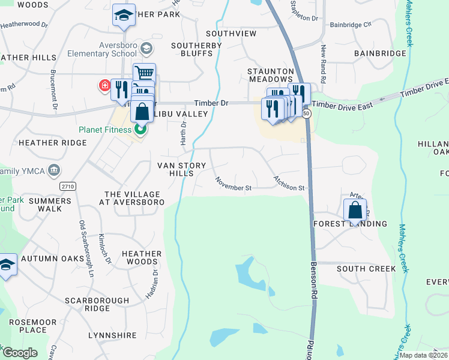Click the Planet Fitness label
click(104, 130)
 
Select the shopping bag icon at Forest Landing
click(355, 211)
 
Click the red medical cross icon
click(104, 86)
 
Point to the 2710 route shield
click(68, 187)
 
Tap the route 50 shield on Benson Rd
click(307, 112)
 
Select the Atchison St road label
click(289, 184)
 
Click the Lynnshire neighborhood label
click(114, 335)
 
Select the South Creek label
click(366, 268)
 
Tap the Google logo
click(20, 352)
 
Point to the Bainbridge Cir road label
click(351, 25)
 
